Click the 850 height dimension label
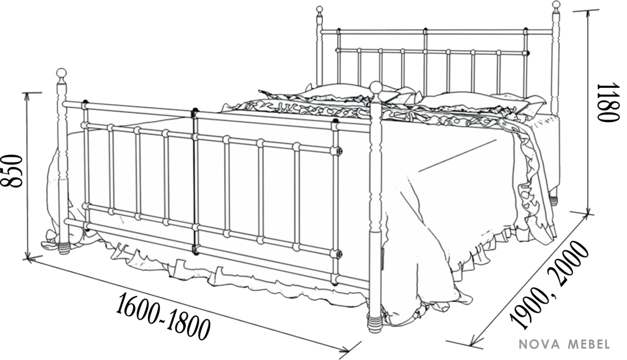(11, 171)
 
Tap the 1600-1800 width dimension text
(163, 316)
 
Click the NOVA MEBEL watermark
(565, 344)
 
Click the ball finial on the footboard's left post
(62, 74)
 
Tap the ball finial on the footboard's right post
(375, 87)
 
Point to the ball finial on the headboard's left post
(319, 9)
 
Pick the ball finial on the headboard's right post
(556, 4)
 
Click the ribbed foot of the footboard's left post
(64, 248)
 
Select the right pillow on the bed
(476, 101)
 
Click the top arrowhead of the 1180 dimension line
(588, 15)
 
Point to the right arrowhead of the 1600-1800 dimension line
(344, 350)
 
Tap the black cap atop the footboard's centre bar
(194, 110)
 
